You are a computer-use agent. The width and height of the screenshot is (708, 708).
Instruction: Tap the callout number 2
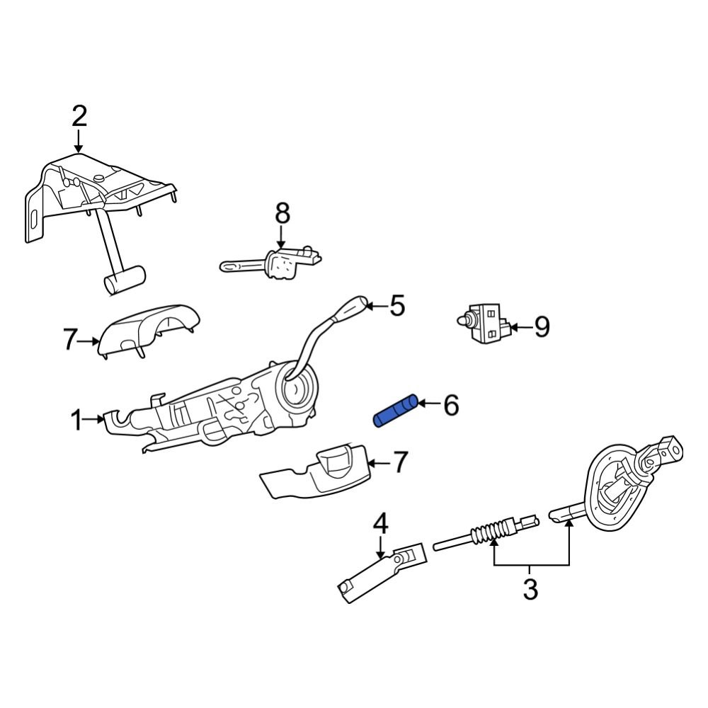coord(79,115)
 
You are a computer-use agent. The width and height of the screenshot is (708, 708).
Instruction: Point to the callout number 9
coord(541,326)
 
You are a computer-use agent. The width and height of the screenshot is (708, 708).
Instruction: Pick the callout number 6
coord(451,406)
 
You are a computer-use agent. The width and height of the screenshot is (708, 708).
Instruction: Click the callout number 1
coord(76,421)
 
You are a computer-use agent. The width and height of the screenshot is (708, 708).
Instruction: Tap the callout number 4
coord(380,525)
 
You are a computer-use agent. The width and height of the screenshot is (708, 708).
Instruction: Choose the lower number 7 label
coord(400,463)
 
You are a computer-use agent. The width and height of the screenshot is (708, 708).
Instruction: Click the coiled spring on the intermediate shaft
coord(490,531)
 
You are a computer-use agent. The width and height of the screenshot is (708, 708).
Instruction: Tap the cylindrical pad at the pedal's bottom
coord(125,280)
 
